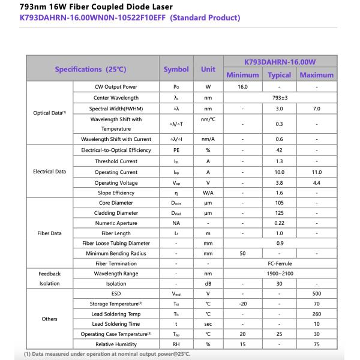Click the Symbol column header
pyautogui.click(x=176, y=70)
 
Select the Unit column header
pyautogui.click(x=208, y=70)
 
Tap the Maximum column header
pyautogui.click(x=316, y=75)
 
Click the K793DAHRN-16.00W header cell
pyautogui.click(x=280, y=62)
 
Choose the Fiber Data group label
pyautogui.click(x=50, y=233)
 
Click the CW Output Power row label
pyautogui.click(x=116, y=87)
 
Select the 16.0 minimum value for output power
pyautogui.click(x=242, y=87)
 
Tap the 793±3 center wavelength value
pyautogui.click(x=280, y=98)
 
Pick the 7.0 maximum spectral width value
pyautogui.click(x=316, y=109)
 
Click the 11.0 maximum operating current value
pyautogui.click(x=316, y=172)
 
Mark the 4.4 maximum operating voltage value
pyautogui.click(x=316, y=183)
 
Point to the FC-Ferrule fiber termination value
pyautogui.click(x=280, y=263)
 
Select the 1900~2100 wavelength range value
pyautogui.click(x=280, y=274)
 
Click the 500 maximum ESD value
pyautogui.click(x=316, y=294)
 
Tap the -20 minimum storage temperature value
pyautogui.click(x=242, y=304)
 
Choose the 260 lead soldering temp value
pyautogui.click(x=316, y=314)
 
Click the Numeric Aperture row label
pyautogui.click(x=116, y=223)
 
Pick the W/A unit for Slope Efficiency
pyautogui.click(x=208, y=193)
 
